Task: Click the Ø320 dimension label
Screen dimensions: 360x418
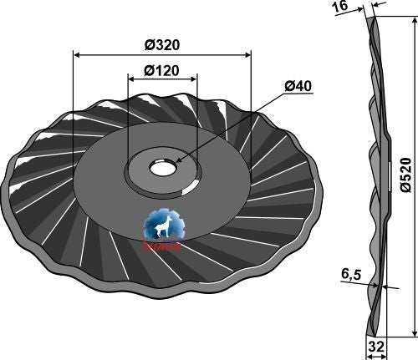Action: [161, 43]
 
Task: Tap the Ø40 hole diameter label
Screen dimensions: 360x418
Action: [298, 86]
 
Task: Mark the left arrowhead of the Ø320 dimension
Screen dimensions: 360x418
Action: [77, 55]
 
